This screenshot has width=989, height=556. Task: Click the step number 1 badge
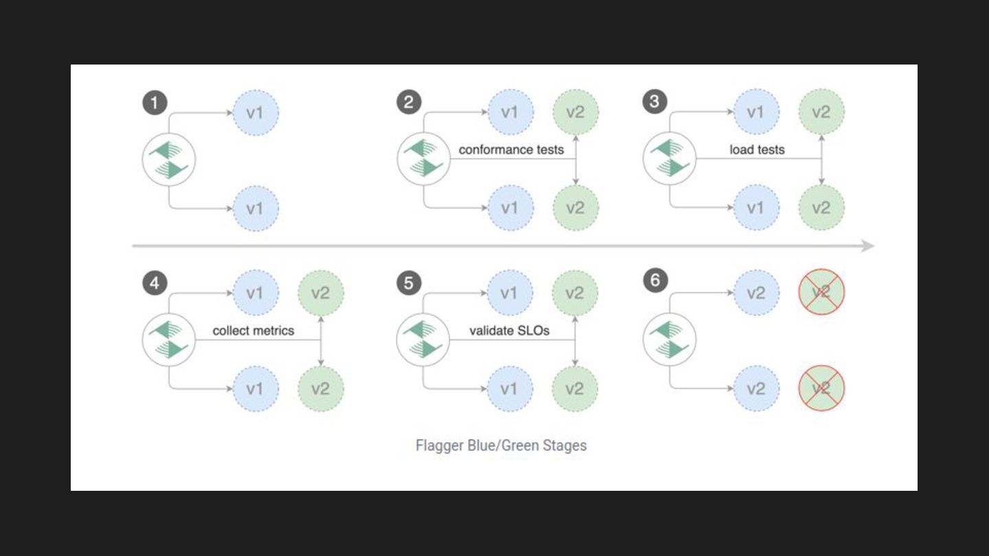coord(155,103)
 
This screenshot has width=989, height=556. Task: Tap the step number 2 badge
coord(409,103)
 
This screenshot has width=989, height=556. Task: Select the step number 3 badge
coord(655,103)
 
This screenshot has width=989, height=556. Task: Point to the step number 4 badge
coord(155,283)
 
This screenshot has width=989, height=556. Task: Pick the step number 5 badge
coord(409,283)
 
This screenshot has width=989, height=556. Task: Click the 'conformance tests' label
coord(511,150)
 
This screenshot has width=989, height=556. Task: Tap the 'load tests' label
coord(757,150)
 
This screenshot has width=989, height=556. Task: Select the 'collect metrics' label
coord(253,331)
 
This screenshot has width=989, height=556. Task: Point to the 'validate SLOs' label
coord(509,331)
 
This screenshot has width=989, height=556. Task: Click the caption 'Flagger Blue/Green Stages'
coord(501,445)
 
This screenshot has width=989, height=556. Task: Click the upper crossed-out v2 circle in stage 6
coord(821,293)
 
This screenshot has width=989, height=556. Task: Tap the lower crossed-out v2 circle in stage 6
coord(821,389)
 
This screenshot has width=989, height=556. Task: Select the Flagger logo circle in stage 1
coord(169,159)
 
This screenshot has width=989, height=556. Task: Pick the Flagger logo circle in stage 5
coord(424,340)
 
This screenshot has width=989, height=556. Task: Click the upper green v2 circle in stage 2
coord(576,112)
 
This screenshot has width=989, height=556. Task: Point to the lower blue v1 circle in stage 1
coord(255,207)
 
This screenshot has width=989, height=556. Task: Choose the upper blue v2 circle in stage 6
coord(756,293)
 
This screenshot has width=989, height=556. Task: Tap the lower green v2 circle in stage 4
coord(321,389)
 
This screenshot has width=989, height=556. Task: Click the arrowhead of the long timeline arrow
coord(868,246)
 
